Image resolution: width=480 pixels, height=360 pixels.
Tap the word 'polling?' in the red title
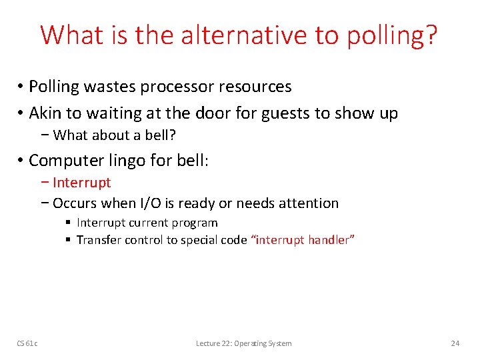392,36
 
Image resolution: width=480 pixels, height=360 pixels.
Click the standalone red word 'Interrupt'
81,183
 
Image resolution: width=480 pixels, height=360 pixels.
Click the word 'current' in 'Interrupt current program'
147,223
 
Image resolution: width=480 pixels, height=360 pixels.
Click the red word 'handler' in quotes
329,240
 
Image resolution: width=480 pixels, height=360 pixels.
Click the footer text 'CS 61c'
27,343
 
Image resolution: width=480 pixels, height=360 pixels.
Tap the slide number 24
455,343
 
